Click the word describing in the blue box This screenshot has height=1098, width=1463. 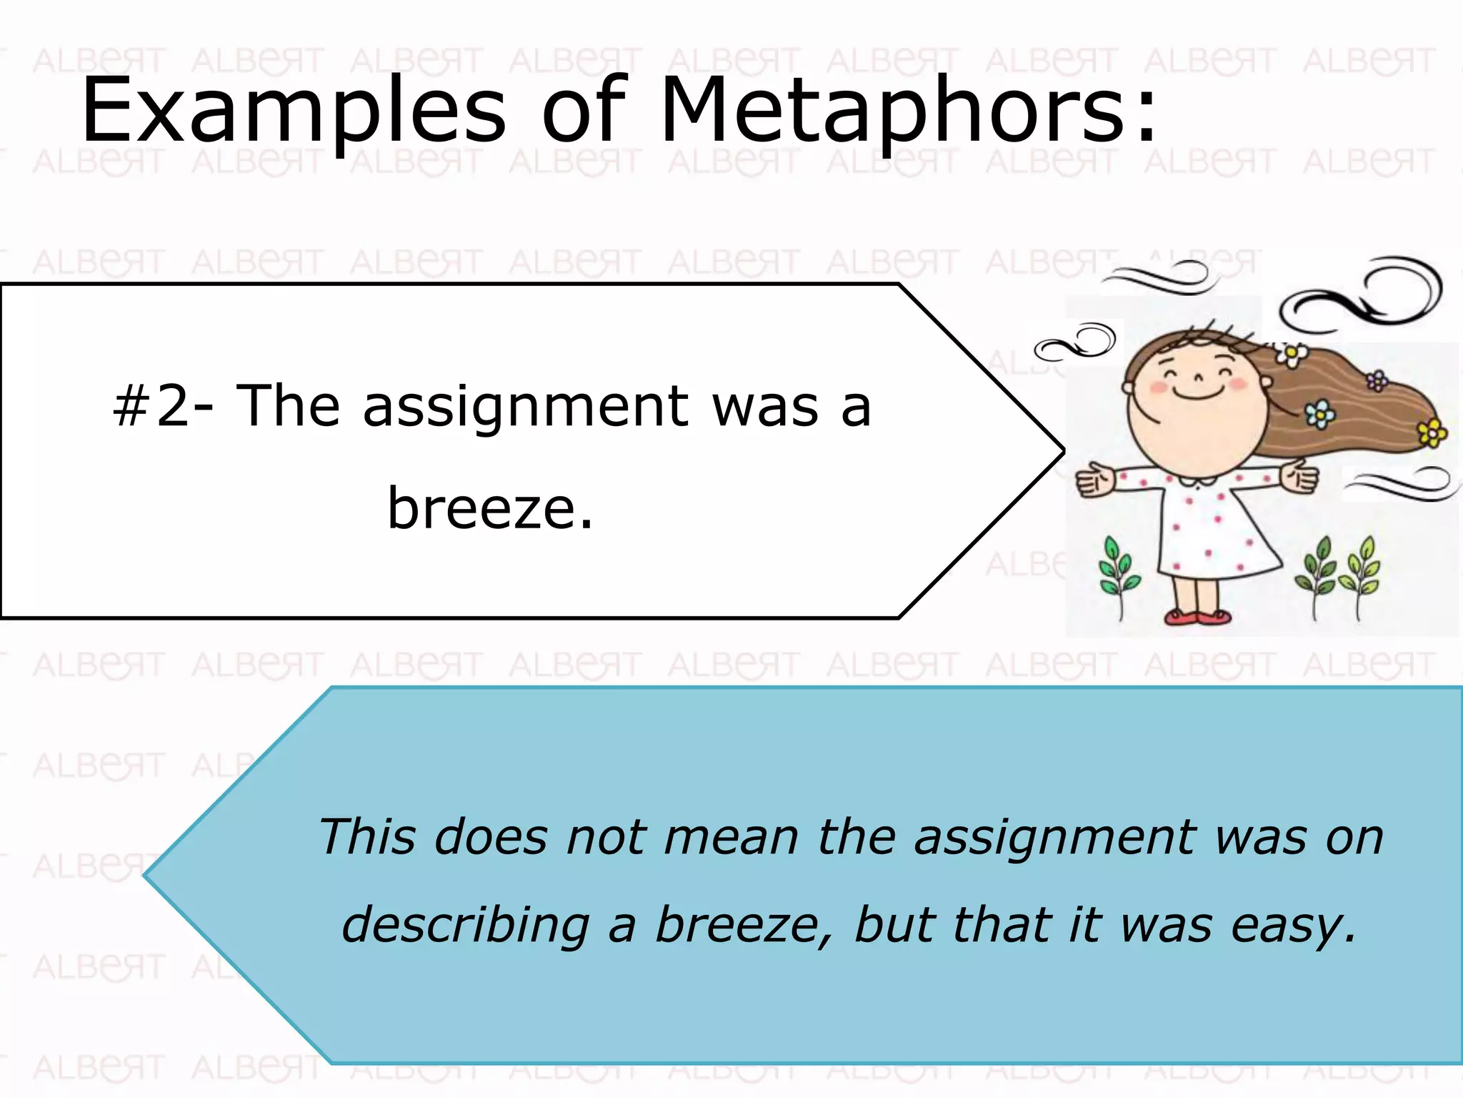point(465,925)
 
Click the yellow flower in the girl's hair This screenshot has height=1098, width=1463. point(1432,432)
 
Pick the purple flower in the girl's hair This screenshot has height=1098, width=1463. point(1377,380)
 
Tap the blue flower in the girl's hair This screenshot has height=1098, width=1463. point(1319,413)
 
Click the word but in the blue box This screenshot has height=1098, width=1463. point(894,925)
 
